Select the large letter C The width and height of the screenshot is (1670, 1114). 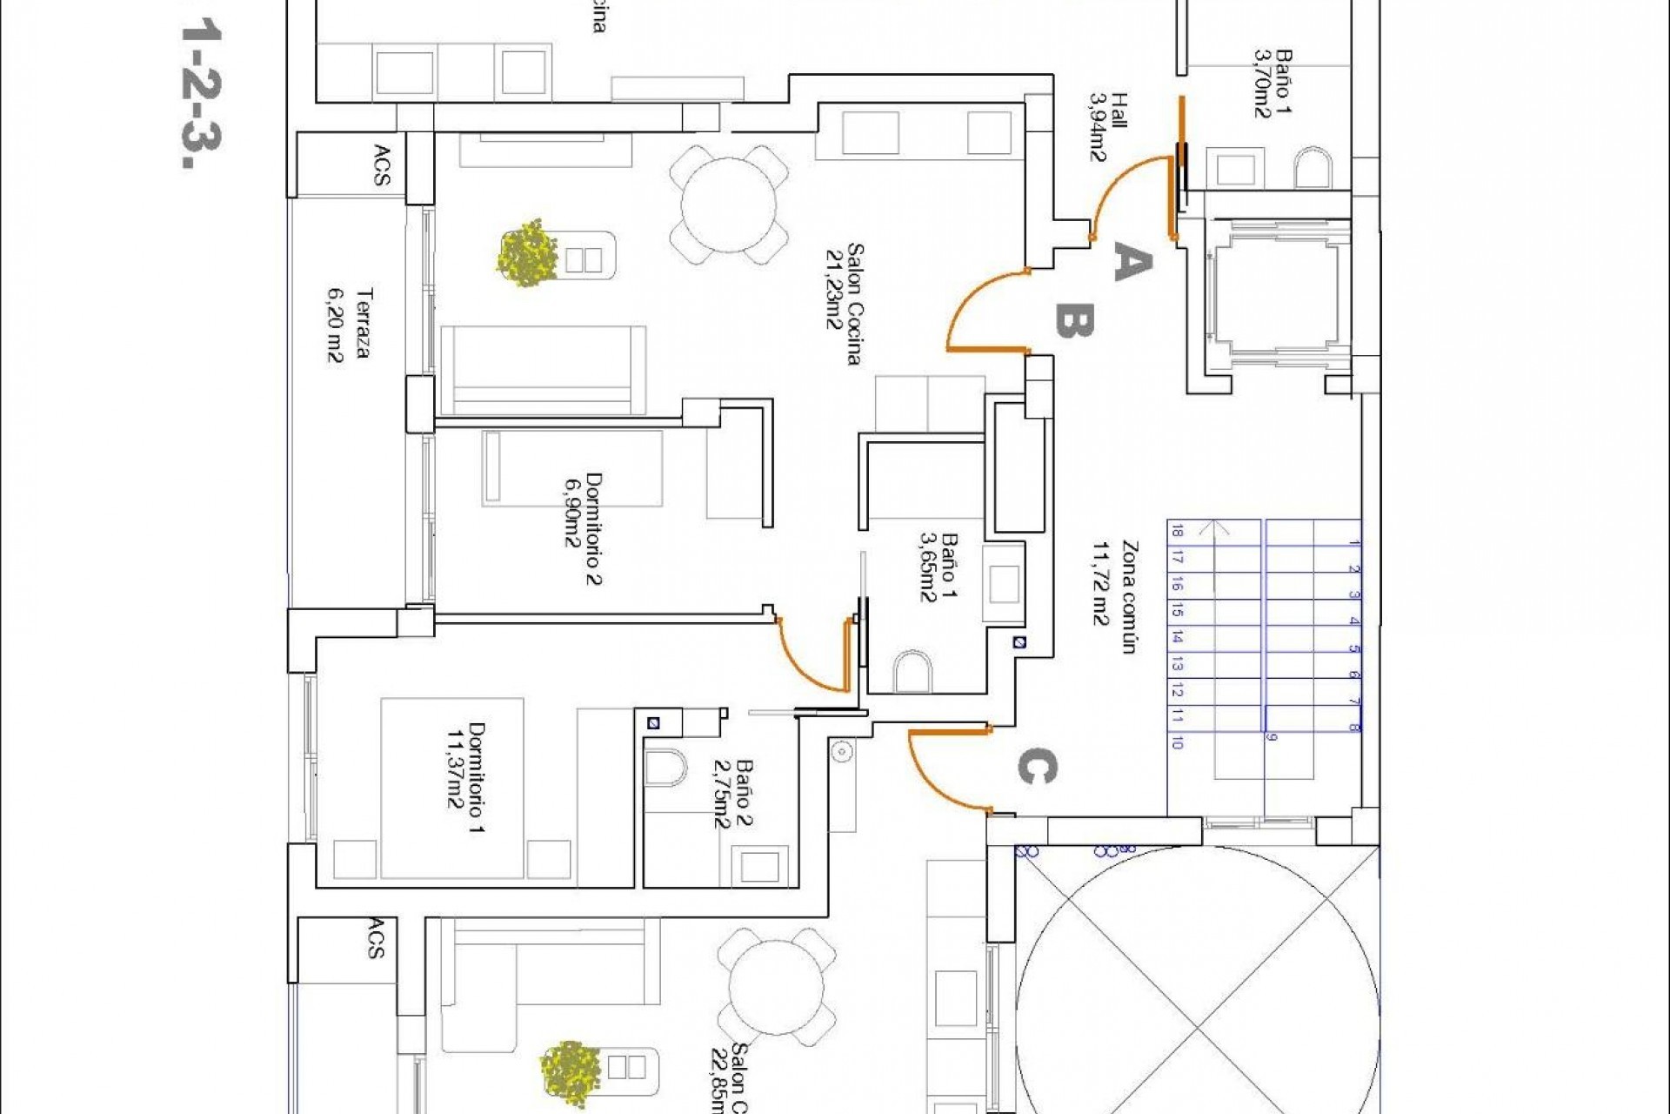1036,768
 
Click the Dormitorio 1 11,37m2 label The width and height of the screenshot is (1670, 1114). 464,776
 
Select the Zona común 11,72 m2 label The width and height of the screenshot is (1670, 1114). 1114,596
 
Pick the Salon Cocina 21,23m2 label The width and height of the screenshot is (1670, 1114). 844,305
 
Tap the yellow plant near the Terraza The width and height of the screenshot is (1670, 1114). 527,253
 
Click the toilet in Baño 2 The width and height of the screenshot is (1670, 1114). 665,768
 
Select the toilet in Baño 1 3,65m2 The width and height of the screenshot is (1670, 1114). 912,670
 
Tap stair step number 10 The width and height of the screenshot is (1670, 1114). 1177,742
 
